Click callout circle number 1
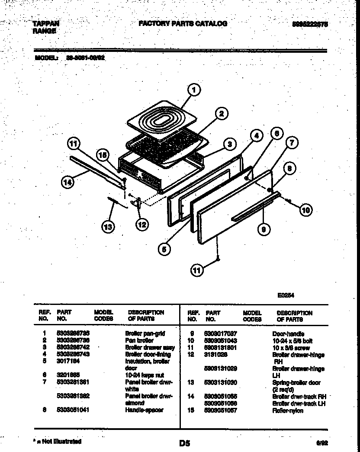[194, 90]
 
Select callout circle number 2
[221, 114]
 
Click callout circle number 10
[305, 211]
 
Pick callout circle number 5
[164, 249]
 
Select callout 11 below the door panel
[197, 270]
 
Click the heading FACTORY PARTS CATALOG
[183, 24]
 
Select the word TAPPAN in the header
[45, 24]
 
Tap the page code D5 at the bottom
[184, 443]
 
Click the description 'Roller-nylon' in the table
[287, 410]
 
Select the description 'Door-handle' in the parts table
[288, 334]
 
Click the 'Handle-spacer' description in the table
[144, 410]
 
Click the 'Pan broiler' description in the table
[139, 341]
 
